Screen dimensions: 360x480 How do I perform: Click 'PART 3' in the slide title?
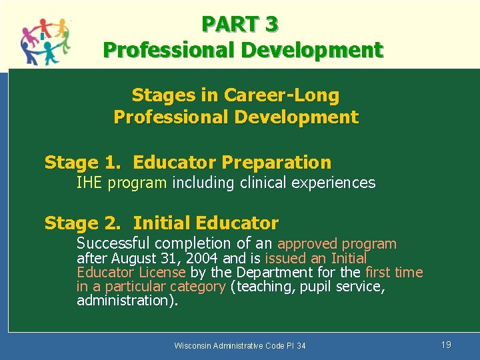click(x=240, y=24)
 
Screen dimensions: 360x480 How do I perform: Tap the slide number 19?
click(x=446, y=345)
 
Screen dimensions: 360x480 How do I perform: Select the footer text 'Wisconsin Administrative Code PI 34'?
click(x=240, y=345)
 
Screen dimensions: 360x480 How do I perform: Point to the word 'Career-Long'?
click(x=281, y=95)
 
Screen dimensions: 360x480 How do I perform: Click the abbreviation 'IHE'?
click(x=89, y=183)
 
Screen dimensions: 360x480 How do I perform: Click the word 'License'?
click(x=162, y=273)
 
